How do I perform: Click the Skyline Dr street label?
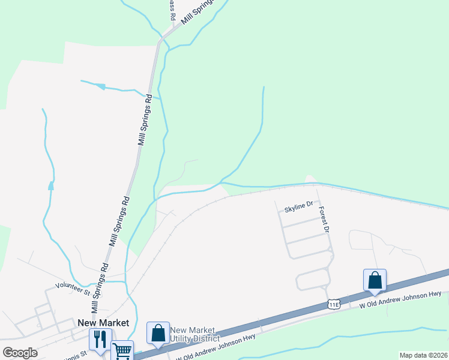pos(299,205)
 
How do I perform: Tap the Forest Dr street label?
pos(324,221)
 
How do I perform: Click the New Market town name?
pos(103,322)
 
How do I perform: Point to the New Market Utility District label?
pos(194,335)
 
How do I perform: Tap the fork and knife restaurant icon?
pos(99,339)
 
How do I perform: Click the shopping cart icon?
pos(122,349)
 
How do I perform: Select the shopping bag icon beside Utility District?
pos(158,332)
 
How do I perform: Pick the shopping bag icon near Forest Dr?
pos(375,280)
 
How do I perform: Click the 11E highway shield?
pos(335,304)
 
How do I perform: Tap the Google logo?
pos(20,352)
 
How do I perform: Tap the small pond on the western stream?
pos(50,186)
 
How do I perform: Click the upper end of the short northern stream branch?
pos(264,88)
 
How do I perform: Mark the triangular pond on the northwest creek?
pos(101,87)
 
